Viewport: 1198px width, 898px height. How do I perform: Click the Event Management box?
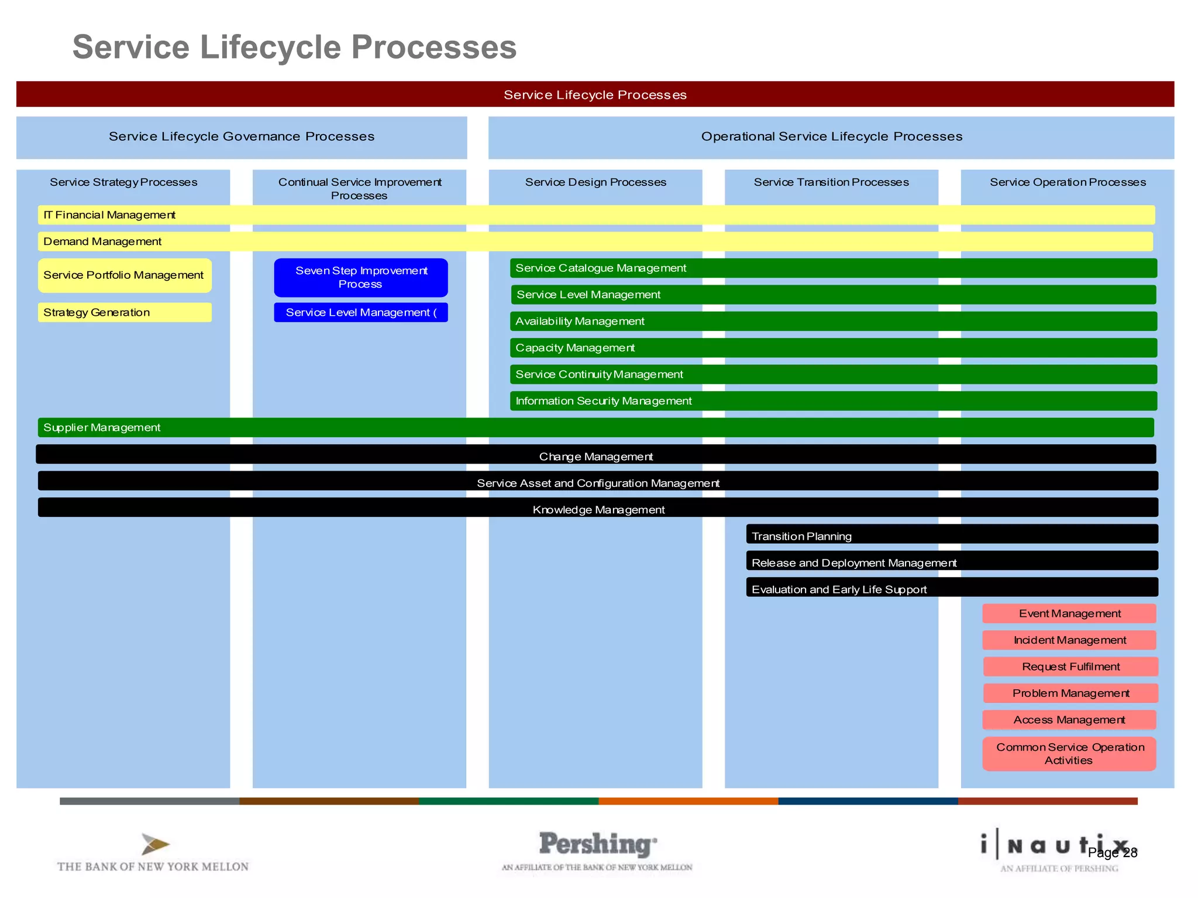click(1069, 613)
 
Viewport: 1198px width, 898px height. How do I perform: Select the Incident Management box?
click(1069, 640)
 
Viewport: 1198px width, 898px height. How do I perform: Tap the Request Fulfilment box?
click(1070, 666)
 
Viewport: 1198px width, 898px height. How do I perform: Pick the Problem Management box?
click(1070, 693)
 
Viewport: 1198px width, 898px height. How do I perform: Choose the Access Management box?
click(1069, 720)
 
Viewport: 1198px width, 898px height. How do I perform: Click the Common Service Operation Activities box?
click(1069, 754)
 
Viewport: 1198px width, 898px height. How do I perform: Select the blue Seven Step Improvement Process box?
click(360, 277)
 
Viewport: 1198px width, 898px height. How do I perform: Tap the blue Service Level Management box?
click(360, 312)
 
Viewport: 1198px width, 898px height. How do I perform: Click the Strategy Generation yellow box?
click(125, 312)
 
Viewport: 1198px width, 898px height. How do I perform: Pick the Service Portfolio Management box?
click(125, 275)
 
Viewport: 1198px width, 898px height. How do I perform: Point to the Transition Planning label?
click(801, 536)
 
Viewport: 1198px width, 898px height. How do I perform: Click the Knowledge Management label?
click(598, 510)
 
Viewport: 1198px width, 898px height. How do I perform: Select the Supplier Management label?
click(102, 427)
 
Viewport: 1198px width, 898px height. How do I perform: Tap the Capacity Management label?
click(574, 348)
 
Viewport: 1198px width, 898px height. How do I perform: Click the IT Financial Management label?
click(109, 215)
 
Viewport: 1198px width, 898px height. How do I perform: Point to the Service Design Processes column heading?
click(595, 182)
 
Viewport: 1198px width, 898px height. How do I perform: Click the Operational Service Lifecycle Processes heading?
click(831, 136)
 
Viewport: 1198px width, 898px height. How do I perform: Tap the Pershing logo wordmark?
click(597, 844)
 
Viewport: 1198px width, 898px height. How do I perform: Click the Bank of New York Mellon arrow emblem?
click(154, 844)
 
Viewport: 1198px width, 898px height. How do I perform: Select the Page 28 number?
click(1112, 853)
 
